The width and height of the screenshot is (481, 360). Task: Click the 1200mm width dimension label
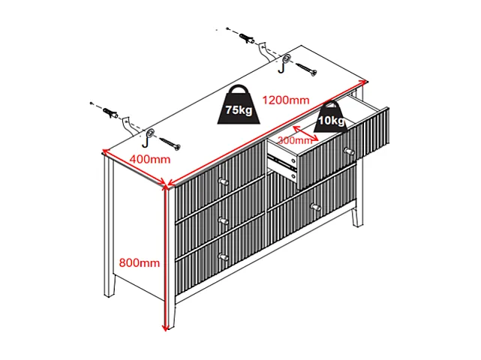click(286, 100)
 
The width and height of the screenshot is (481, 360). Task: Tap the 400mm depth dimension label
click(149, 160)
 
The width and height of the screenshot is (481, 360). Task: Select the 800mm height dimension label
click(140, 262)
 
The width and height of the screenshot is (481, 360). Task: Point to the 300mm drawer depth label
click(295, 140)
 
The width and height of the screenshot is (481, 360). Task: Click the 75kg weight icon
click(239, 105)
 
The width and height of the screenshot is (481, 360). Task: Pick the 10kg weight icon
click(331, 117)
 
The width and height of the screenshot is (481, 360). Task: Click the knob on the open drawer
click(349, 151)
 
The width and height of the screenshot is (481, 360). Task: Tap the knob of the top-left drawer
click(224, 181)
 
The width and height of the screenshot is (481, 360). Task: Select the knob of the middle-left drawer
click(224, 220)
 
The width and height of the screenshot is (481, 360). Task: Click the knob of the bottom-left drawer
click(224, 256)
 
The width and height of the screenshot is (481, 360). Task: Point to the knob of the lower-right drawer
click(315, 207)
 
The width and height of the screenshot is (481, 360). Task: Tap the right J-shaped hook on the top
click(283, 67)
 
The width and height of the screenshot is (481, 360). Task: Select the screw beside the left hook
click(170, 144)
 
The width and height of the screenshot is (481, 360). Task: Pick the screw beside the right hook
click(306, 69)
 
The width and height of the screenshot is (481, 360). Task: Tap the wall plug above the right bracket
click(247, 39)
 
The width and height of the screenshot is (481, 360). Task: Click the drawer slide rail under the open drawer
click(282, 162)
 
